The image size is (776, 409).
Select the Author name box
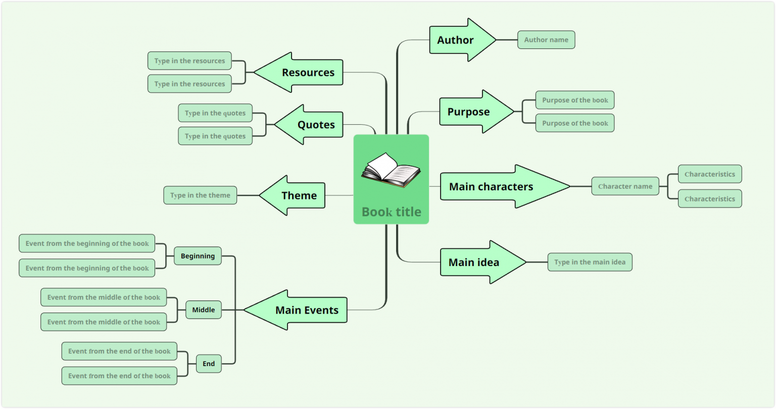(546, 40)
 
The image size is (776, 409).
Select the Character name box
(625, 186)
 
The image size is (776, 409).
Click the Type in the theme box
(200, 195)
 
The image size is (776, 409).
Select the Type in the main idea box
(590, 262)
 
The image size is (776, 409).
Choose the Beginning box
(198, 256)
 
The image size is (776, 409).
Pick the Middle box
(203, 310)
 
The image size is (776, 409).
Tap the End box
(209, 364)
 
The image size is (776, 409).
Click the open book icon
(391, 170)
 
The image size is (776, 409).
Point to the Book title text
(391, 212)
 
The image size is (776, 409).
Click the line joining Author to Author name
(507, 40)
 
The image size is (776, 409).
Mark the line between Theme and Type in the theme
(248, 195)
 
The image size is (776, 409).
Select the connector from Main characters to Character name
(581, 186)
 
